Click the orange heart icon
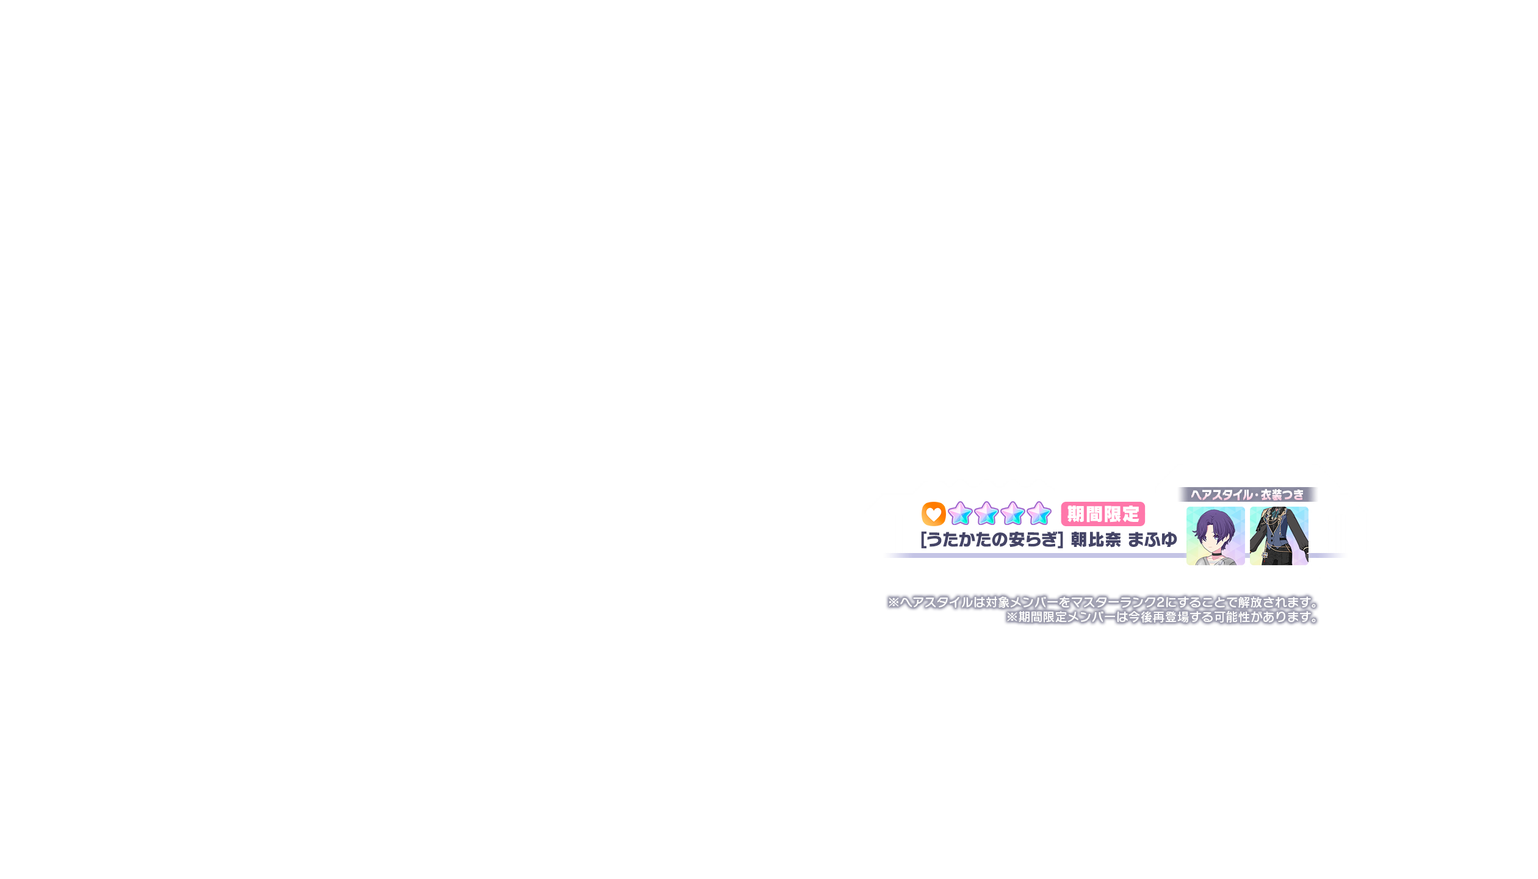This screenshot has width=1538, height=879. pos(933,514)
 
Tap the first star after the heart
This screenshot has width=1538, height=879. pos(960,514)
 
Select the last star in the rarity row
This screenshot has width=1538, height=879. pos(1038,514)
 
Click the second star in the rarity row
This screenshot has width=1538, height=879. pos(986,514)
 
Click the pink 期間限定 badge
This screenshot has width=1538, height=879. pos(1103,514)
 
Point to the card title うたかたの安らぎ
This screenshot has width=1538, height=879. pos(992,540)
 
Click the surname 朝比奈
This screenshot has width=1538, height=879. pos(1096,540)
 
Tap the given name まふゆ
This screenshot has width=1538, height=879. pos(1152,540)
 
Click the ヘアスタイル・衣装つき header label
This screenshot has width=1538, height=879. pos(1247,494)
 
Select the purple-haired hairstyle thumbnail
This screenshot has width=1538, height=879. pos(1215,535)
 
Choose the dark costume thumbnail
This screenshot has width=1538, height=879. pos(1279,535)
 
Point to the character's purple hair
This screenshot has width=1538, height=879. pos(1211,522)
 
